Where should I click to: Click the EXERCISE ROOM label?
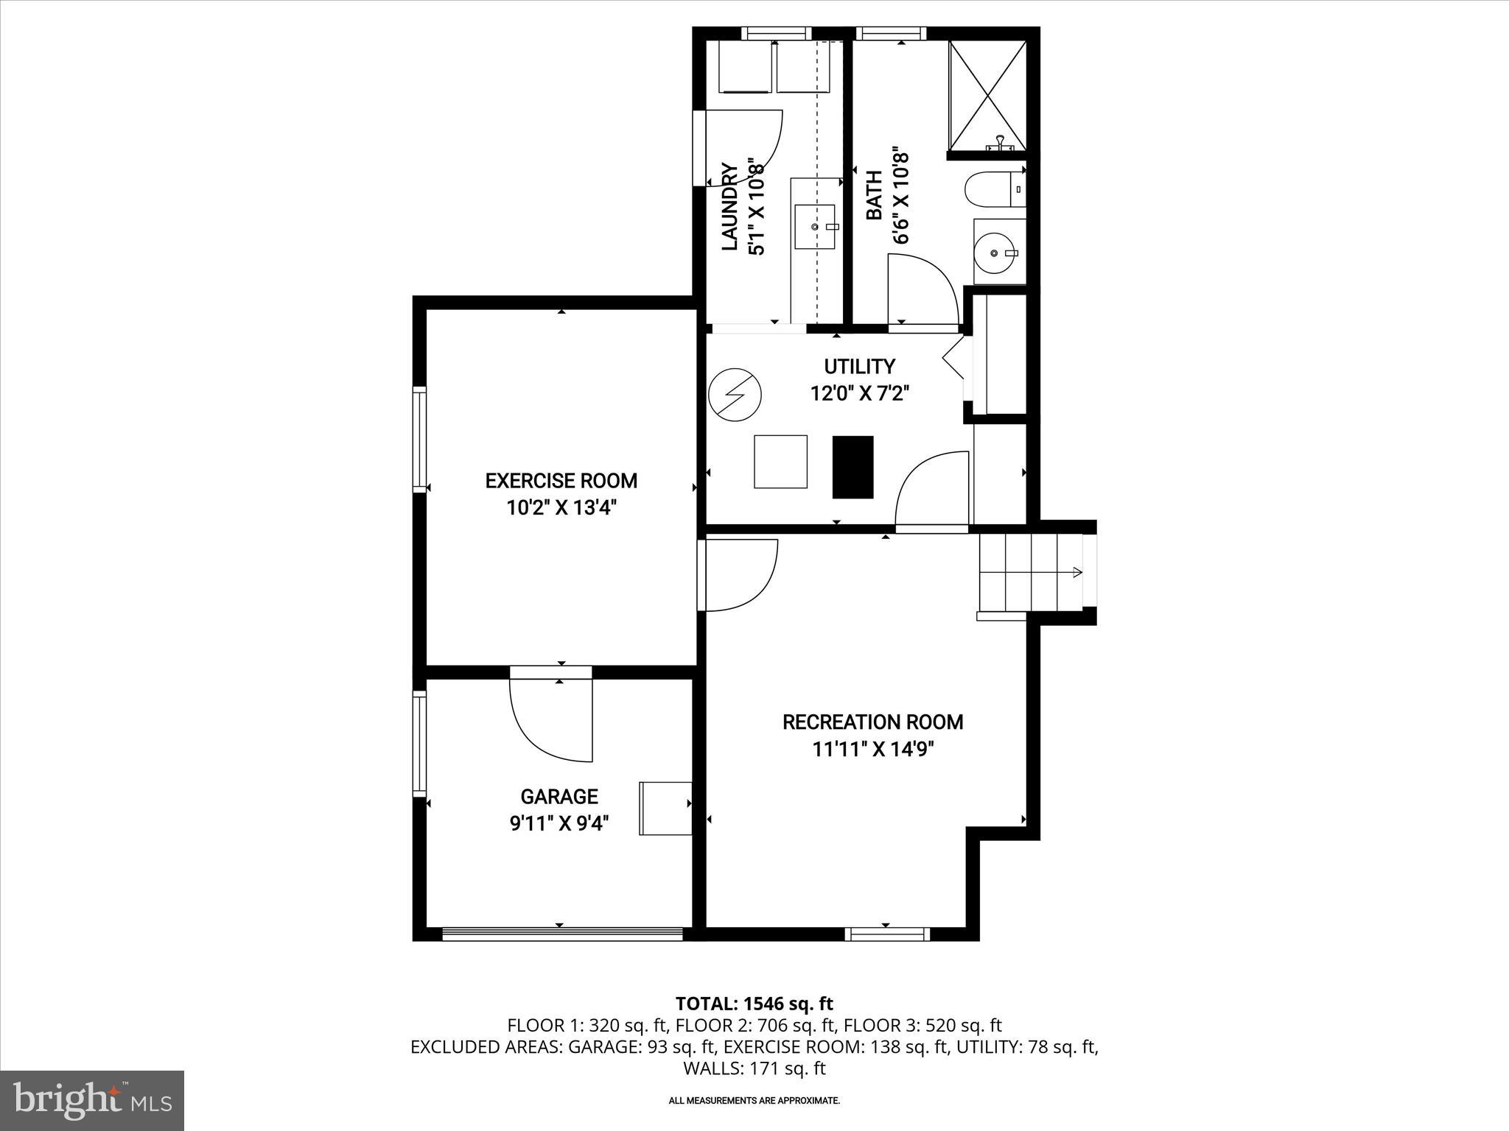pyautogui.click(x=561, y=481)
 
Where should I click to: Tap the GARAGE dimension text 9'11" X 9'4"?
pyautogui.click(x=559, y=823)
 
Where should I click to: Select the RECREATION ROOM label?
pyautogui.click(x=872, y=722)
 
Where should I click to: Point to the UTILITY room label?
pyautogui.click(x=859, y=366)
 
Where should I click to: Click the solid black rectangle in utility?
pyautogui.click(x=852, y=467)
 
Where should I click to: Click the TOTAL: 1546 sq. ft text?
pyautogui.click(x=754, y=1004)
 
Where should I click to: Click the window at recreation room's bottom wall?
pyautogui.click(x=886, y=934)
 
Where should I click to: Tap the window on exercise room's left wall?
pyautogui.click(x=419, y=439)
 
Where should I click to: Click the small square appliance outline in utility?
pyautogui.click(x=780, y=462)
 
